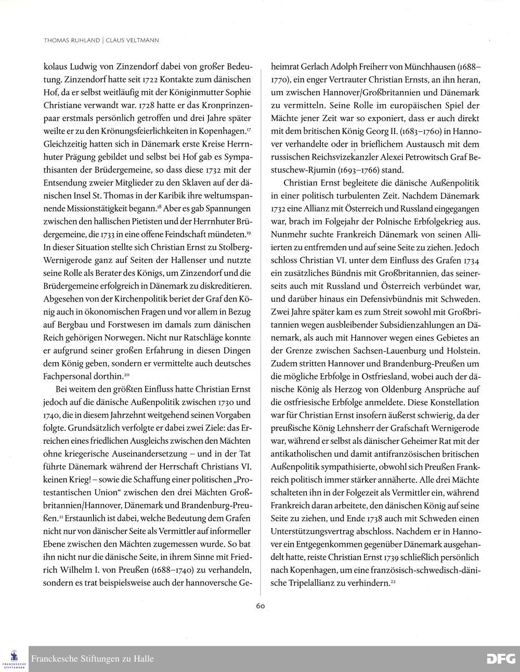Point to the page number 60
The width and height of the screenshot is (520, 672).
261,605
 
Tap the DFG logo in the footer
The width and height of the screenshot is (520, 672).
500,659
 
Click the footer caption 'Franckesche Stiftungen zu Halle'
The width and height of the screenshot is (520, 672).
93,659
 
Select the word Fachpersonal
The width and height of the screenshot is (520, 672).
66,376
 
